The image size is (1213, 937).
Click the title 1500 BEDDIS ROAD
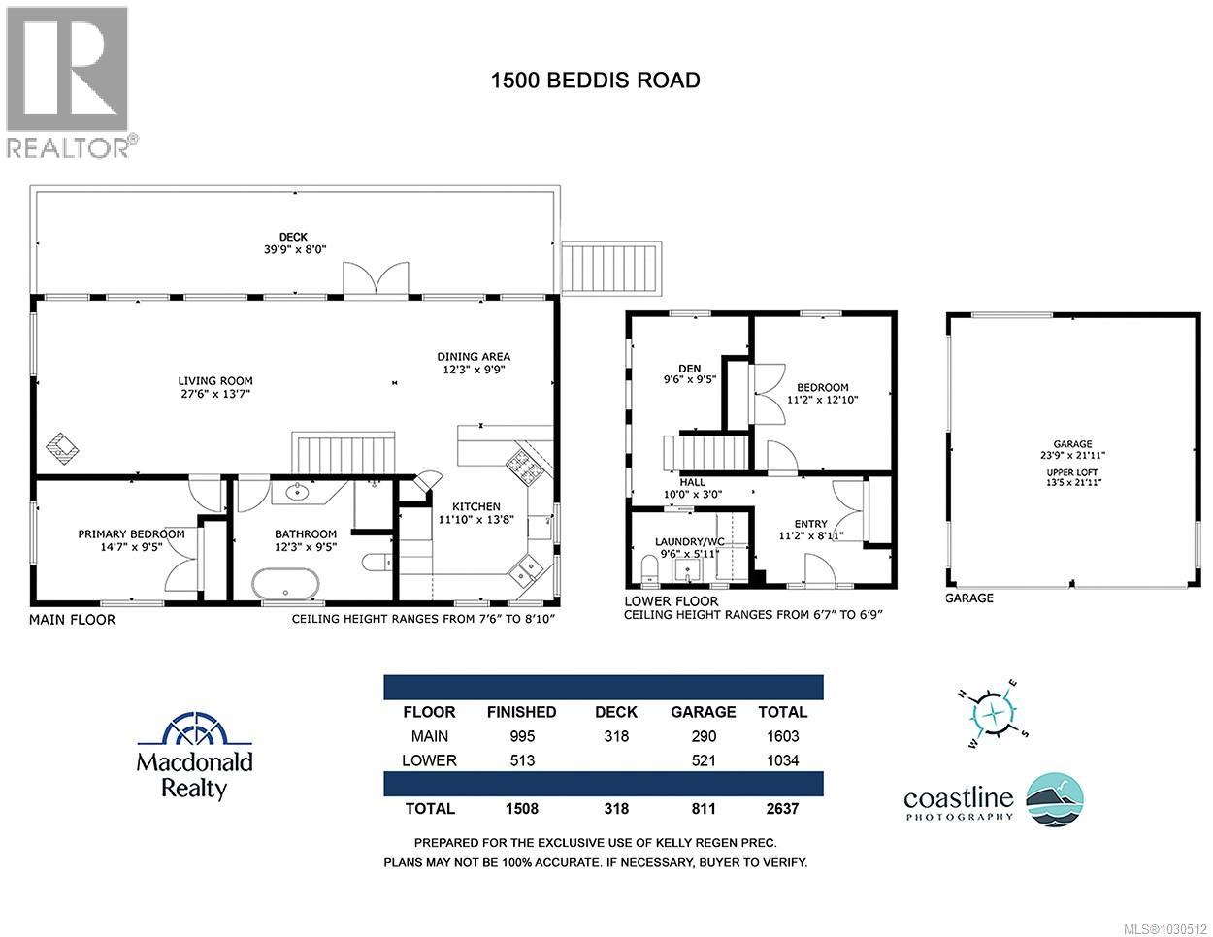tap(596, 80)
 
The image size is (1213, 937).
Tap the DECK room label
tap(292, 236)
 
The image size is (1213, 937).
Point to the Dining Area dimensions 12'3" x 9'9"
tap(473, 370)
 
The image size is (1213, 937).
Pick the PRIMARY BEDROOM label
tap(131, 533)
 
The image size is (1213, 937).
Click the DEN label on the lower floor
tap(690, 368)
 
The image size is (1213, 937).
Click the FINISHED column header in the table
tap(521, 712)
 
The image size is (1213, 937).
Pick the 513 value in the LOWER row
tap(521, 760)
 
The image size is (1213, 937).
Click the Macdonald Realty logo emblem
tap(195, 729)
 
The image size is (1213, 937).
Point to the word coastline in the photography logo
tap(958, 798)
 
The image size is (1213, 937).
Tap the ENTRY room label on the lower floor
tap(810, 524)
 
